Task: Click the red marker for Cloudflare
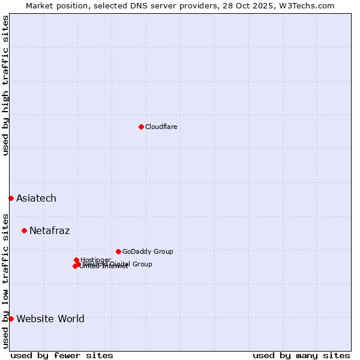coord(141,127)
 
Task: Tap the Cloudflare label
coord(161,127)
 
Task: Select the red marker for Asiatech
coord(11,198)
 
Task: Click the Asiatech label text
coord(36,198)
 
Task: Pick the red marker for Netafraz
coord(24,230)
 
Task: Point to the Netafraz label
coord(49,230)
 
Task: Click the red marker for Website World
coord(11,319)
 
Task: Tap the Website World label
coord(50,319)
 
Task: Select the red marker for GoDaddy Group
coord(118,251)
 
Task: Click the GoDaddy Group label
coord(148,251)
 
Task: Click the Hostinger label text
coord(95,260)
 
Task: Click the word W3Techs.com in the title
coord(310,5)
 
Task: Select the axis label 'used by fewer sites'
coord(62,355)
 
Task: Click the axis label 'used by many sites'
coord(301,355)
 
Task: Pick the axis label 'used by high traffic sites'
coord(5,85)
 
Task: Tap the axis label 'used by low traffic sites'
coord(5,280)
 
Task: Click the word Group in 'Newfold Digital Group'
coord(142,264)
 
